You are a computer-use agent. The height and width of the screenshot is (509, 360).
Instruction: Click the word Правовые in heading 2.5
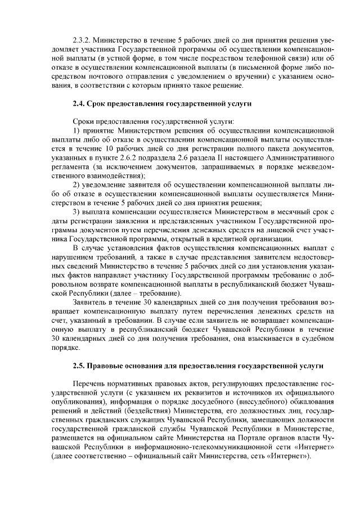[x=109, y=366]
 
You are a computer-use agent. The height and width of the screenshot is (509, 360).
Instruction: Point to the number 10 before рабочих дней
[x=111, y=148]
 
